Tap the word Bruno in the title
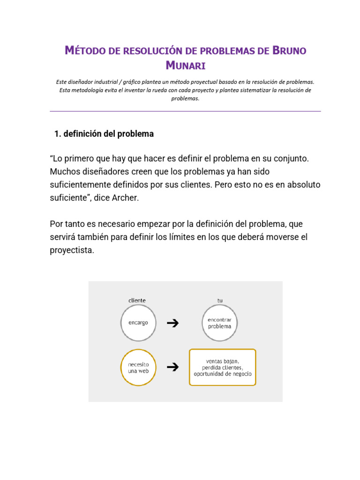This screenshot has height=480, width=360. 289,50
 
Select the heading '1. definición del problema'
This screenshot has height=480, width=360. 104,134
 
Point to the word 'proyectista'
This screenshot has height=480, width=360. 72,250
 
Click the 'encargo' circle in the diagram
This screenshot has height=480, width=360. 138,323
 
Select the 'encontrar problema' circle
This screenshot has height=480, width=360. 220,323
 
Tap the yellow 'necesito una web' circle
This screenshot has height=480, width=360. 138,367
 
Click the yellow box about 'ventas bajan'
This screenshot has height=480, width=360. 222,367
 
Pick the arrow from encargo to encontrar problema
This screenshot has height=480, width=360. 173,323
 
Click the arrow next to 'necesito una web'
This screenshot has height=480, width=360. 173,367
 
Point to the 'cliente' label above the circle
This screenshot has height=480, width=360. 137,300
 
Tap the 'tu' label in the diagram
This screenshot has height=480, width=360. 220,300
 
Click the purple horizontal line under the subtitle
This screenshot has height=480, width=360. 186,111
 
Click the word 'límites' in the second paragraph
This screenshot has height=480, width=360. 182,237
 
